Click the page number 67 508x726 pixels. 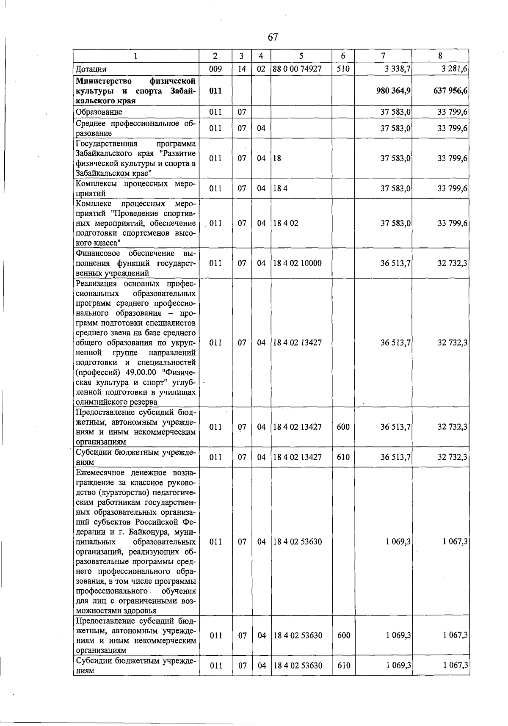click(x=273, y=37)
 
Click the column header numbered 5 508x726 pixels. click(x=301, y=56)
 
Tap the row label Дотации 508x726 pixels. click(x=91, y=69)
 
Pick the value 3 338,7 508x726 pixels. click(x=396, y=69)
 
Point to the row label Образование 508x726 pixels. click(x=99, y=112)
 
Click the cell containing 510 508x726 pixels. click(x=343, y=69)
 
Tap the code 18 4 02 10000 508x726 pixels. click(x=297, y=263)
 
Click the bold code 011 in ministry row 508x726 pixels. click(x=215, y=91)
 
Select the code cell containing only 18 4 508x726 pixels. click(x=280, y=188)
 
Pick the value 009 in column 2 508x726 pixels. click(x=215, y=69)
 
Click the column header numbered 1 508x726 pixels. click(x=136, y=56)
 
